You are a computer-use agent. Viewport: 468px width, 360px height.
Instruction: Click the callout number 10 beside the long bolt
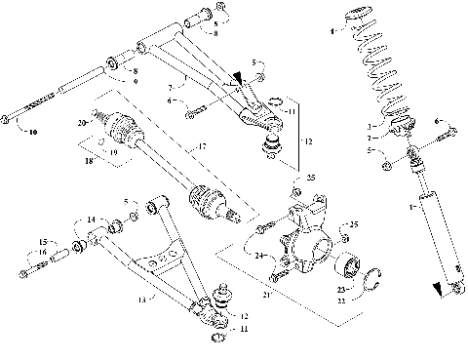point(31,130)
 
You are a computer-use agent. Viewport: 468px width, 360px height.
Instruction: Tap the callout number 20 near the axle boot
point(83,123)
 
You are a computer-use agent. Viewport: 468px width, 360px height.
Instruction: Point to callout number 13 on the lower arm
point(140,300)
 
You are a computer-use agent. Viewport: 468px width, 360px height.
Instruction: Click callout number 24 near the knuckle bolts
point(260,257)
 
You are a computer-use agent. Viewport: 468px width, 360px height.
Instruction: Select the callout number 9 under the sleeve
point(135,82)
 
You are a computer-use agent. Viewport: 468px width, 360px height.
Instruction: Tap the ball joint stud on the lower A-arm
point(219,290)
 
